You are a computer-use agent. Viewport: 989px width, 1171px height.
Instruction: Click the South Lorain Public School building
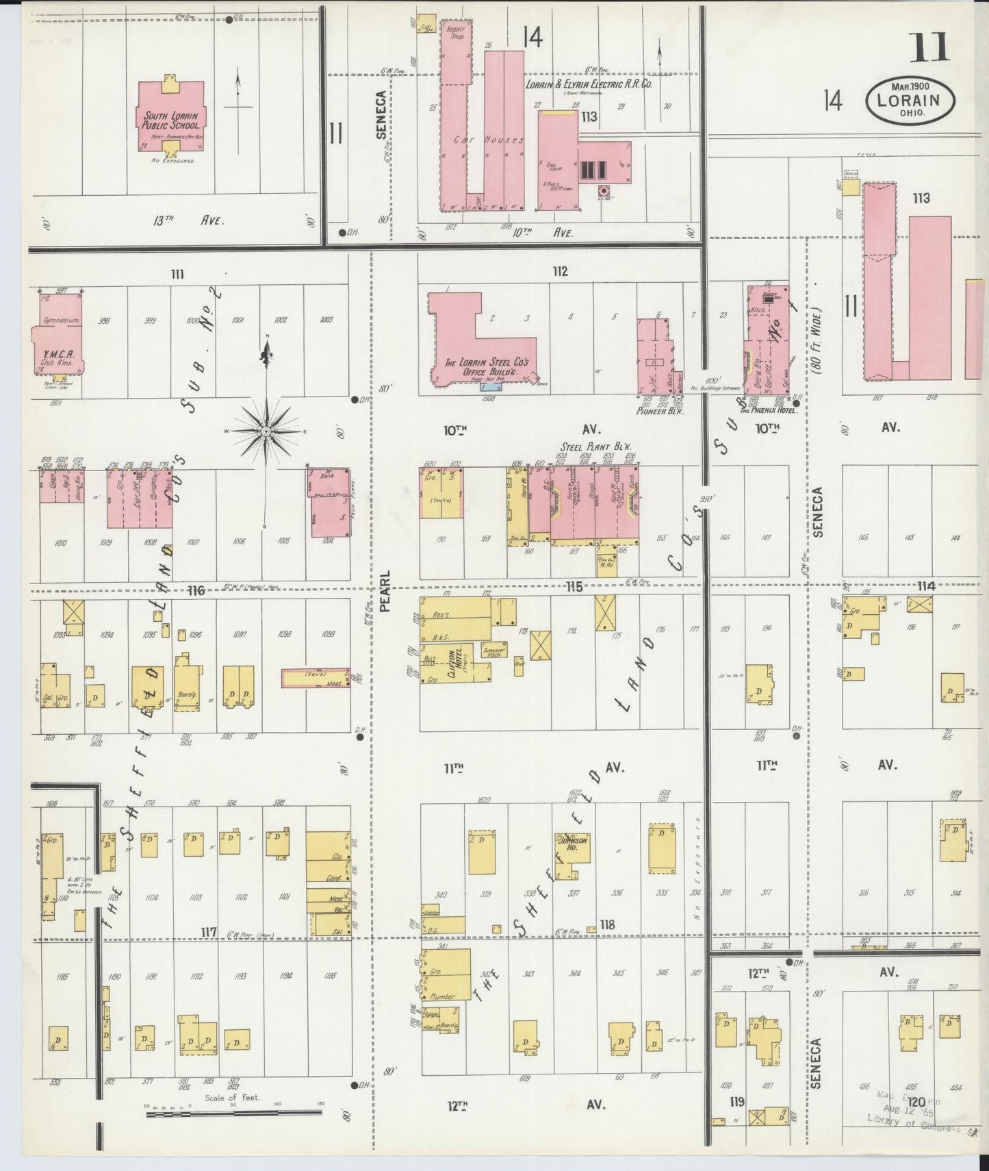pyautogui.click(x=171, y=120)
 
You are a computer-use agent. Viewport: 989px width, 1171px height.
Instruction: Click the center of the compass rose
pyautogui.click(x=266, y=431)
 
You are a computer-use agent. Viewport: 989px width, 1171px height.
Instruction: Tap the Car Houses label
pyautogui.click(x=488, y=140)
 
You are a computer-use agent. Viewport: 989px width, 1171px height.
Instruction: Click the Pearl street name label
pyautogui.click(x=384, y=591)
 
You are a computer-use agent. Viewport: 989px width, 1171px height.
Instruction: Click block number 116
pyautogui.click(x=197, y=590)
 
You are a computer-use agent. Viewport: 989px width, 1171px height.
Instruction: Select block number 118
pyautogui.click(x=606, y=924)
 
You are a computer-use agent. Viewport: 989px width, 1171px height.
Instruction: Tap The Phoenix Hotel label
pyautogui.click(x=768, y=410)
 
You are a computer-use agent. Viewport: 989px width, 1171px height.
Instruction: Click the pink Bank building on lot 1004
pyautogui.click(x=329, y=503)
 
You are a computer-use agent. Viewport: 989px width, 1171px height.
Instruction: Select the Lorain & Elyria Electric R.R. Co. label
pyautogui.click(x=588, y=84)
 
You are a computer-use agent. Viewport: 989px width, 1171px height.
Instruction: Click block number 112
pyautogui.click(x=560, y=272)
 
